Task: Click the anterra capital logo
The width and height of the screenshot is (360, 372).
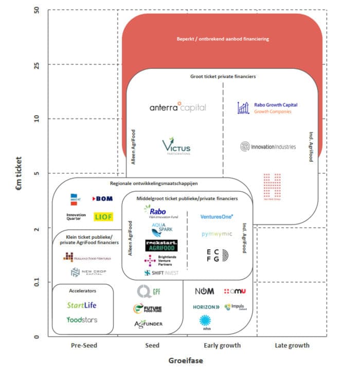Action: tap(177, 108)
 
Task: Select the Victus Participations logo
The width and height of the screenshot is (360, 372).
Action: tap(176, 146)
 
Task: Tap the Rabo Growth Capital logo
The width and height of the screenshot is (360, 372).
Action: tap(268, 108)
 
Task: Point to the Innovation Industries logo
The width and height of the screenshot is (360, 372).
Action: tap(268, 147)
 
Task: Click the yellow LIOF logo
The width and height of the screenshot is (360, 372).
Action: tap(103, 217)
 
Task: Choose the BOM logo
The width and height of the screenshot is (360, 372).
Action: tap(102, 199)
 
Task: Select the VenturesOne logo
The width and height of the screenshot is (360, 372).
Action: tap(217, 217)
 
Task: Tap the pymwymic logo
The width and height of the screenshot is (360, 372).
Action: tap(217, 234)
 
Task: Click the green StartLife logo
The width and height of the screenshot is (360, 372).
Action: tap(82, 305)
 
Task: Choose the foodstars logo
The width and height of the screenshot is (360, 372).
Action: tap(82, 320)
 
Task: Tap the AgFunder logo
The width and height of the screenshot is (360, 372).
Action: tap(148, 324)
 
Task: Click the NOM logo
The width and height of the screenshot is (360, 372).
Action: tap(205, 292)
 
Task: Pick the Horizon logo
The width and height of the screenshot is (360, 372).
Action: tap(206, 307)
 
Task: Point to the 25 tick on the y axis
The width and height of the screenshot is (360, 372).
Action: tap(37, 64)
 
